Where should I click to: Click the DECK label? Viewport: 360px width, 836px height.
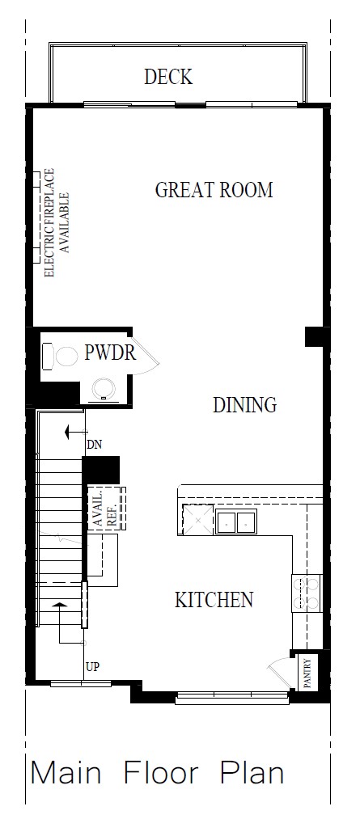point(168,77)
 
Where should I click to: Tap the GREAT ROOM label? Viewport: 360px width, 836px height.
point(214,190)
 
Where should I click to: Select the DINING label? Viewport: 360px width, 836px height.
point(244,404)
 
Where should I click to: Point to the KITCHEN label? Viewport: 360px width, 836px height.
point(214,600)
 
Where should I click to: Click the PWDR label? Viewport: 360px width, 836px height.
point(109,353)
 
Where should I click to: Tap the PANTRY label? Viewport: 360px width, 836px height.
point(307,671)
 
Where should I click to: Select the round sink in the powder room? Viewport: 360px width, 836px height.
point(103,388)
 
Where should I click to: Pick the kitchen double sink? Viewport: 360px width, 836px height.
point(235,521)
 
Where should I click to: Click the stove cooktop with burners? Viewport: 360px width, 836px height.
point(307,593)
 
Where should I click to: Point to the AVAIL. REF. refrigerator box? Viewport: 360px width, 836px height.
point(106,509)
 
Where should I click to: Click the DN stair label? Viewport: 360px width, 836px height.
point(94,444)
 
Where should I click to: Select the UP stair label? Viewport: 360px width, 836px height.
point(93,667)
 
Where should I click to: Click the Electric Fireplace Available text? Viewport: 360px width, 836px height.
point(57,222)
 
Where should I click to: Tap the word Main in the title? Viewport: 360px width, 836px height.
point(66,773)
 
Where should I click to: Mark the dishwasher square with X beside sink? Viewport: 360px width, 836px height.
point(196,519)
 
